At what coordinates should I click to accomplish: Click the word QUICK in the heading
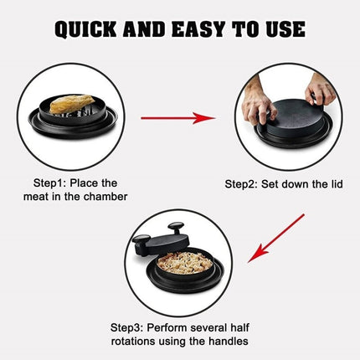coord(90,29)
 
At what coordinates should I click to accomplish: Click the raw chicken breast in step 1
coord(69,108)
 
